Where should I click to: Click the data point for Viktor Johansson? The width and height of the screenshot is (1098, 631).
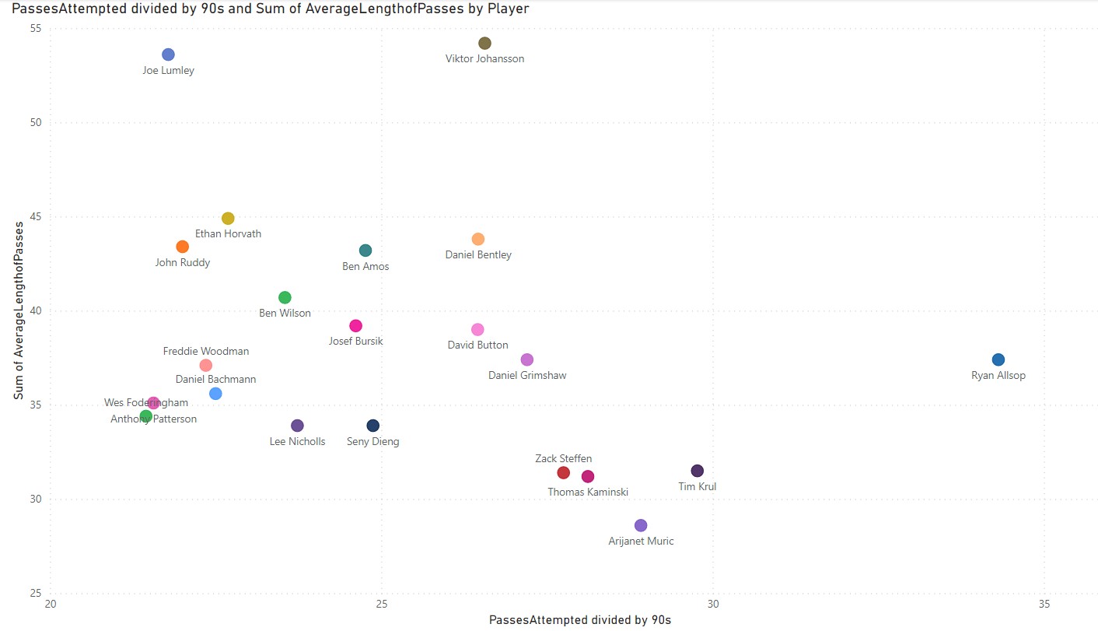484,44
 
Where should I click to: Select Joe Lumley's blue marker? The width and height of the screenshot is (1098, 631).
168,54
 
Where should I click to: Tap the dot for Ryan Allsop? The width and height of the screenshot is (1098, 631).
998,359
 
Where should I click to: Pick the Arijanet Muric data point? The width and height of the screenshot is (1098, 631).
641,525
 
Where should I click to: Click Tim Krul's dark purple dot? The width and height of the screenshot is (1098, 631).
698,471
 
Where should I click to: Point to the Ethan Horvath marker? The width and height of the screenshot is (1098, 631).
228,219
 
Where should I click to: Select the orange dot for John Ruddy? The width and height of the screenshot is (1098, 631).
183,247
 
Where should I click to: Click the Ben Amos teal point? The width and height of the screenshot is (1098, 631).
365,251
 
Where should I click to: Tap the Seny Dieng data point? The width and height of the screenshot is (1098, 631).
373,426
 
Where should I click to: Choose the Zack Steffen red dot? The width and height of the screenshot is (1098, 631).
564,473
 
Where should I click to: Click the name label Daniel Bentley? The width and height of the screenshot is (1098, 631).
478,255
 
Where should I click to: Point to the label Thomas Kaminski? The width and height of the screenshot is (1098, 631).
588,493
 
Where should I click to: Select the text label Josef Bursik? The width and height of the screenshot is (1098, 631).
355,342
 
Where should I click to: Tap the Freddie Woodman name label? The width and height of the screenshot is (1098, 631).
206,352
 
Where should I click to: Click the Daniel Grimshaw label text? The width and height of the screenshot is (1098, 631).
527,376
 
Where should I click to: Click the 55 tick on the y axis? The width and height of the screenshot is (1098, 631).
36,28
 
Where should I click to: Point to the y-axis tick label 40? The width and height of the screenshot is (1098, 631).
36,311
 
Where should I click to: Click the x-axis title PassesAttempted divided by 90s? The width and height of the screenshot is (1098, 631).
579,620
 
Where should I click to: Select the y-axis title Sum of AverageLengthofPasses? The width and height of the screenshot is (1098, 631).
18,310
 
